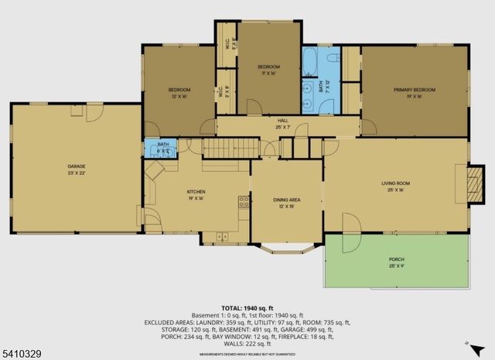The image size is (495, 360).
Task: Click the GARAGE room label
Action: [x=76, y=166]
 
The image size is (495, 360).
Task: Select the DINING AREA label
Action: [x=285, y=200]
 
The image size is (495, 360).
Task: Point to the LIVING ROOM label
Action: [x=395, y=183]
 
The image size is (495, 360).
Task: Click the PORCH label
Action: [x=397, y=259]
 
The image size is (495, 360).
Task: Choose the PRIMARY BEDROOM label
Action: [x=414, y=90]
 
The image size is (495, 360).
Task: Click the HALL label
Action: [x=283, y=121]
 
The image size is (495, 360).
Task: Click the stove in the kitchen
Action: [x=244, y=203]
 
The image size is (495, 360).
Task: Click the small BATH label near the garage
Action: [x=163, y=144]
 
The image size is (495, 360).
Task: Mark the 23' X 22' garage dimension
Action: [x=76, y=173]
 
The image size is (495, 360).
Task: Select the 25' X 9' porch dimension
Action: [x=397, y=266]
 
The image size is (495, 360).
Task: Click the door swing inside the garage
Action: [x=93, y=113]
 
